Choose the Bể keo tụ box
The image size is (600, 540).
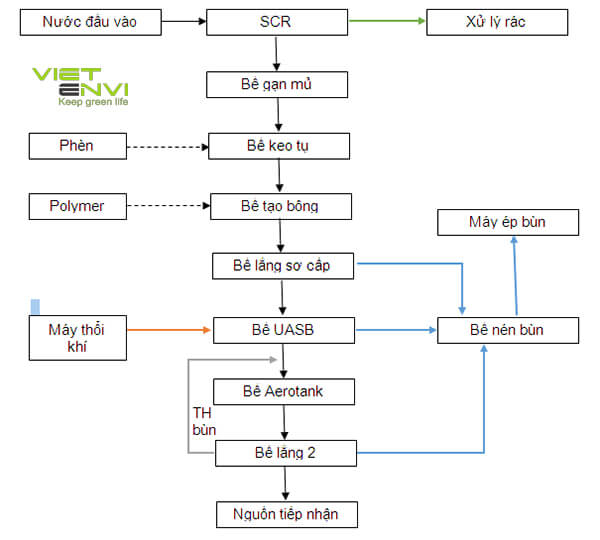[279, 146]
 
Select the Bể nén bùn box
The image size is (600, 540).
[507, 329]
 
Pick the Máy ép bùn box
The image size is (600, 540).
[507, 222]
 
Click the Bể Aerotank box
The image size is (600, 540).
[283, 390]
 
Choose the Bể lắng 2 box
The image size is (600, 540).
[285, 452]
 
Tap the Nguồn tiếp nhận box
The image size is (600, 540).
[287, 514]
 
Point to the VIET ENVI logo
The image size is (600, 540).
[80, 86]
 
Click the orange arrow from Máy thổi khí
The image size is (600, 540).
[170, 329]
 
